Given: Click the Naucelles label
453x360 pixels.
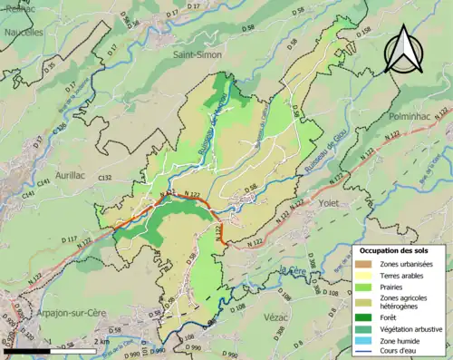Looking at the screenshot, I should [x=23, y=32].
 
